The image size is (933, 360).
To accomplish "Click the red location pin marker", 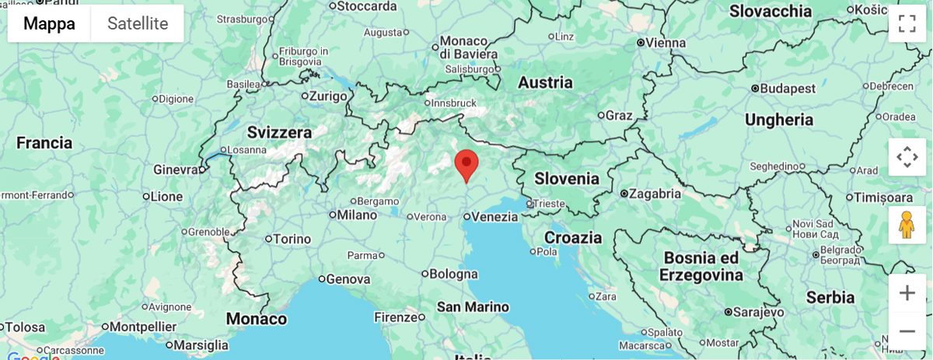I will (x=466, y=164).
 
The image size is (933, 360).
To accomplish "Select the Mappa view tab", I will (x=49, y=23).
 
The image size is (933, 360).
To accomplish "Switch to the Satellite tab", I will (x=138, y=23).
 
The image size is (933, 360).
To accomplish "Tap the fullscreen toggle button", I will (x=907, y=23).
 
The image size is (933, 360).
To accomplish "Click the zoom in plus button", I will (x=907, y=293).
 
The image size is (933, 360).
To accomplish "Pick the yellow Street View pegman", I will (x=907, y=225).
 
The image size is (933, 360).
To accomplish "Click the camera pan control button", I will (x=907, y=157).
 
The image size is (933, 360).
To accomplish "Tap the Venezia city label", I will (x=494, y=217).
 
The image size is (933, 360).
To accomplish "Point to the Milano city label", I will (x=357, y=215).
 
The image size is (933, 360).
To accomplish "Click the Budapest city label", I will (x=788, y=89).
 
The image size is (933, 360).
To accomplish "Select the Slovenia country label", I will (x=567, y=179).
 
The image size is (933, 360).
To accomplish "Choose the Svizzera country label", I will (x=279, y=132).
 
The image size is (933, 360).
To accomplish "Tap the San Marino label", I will (x=473, y=306).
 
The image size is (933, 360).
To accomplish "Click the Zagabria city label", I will (x=655, y=194).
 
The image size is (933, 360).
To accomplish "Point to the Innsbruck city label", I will (x=454, y=103).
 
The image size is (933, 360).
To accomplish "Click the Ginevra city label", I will (x=176, y=170).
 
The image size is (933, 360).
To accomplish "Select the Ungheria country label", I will (x=779, y=120).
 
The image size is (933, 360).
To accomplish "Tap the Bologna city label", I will (x=454, y=274).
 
